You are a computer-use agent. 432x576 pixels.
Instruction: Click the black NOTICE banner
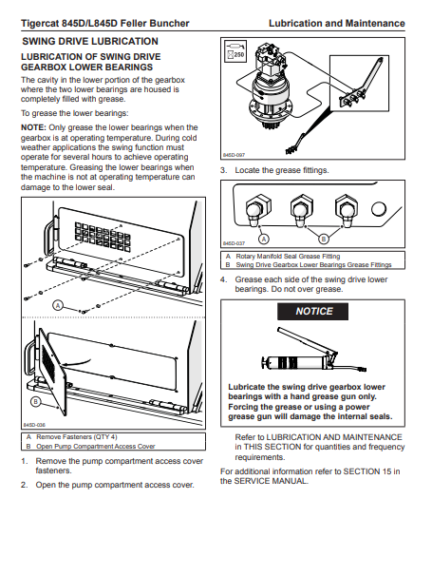coord(312,311)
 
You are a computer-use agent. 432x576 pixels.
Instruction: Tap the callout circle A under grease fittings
coord(264,240)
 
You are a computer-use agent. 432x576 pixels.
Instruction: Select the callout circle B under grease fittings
coord(324,240)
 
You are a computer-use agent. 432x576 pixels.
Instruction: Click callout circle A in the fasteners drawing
coord(58,305)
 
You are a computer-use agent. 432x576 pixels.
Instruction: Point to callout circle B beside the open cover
coord(35,401)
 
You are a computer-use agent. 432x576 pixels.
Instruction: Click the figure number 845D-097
coord(234,155)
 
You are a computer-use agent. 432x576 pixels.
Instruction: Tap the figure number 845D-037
coord(234,243)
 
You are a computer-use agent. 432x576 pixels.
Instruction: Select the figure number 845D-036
coord(34,425)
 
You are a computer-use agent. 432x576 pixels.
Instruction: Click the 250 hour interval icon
coord(235,51)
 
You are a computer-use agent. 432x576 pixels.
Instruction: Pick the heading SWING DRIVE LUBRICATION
coord(90,41)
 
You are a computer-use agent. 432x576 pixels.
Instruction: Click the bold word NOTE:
coord(33,127)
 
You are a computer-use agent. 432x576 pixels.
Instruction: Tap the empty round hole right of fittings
coord(379,209)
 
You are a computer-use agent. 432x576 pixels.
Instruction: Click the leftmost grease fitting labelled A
coord(257,210)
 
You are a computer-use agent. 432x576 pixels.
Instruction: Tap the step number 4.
coord(224,279)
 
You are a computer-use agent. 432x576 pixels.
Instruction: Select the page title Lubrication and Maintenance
coord(336,23)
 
